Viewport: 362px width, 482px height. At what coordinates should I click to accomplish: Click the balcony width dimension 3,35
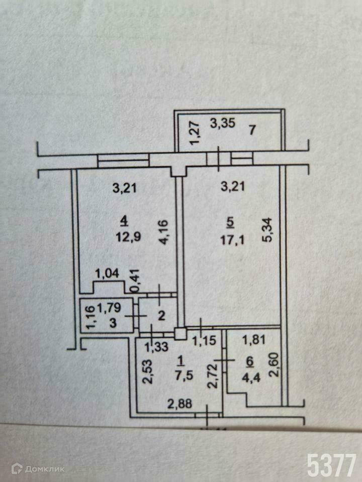[x=222, y=124]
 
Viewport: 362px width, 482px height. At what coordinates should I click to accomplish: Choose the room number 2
[x=161, y=316]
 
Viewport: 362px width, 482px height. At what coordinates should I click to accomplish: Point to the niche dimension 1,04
[x=108, y=274]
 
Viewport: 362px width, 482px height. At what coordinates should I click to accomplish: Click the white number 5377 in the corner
[x=332, y=465]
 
